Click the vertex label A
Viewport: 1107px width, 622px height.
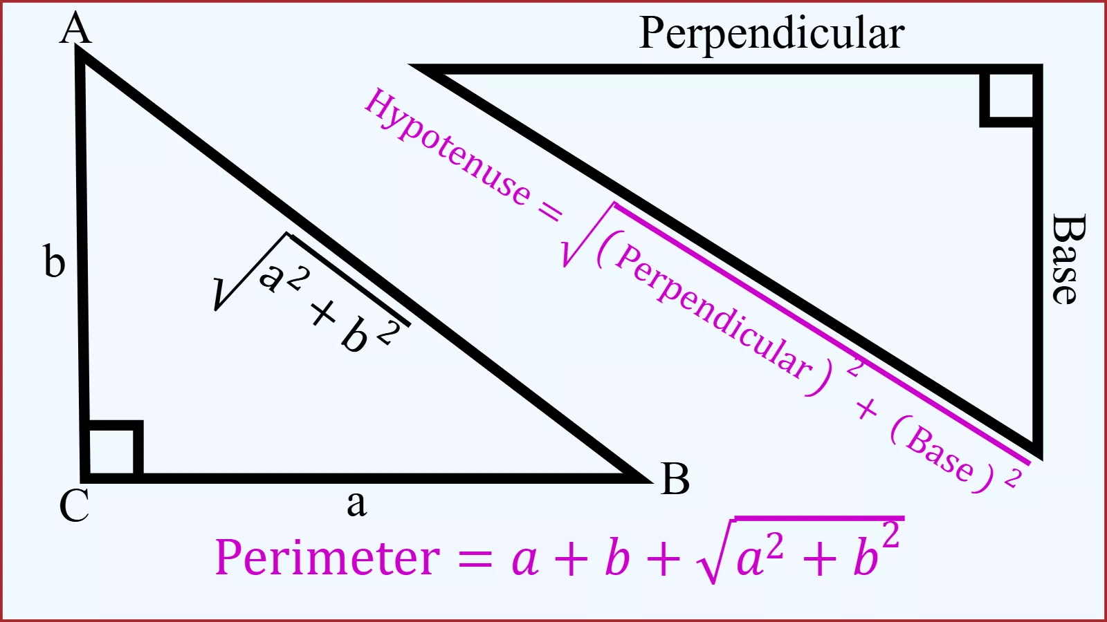click(75, 28)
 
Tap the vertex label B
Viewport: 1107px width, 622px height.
click(675, 478)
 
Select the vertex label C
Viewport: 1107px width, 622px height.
click(74, 505)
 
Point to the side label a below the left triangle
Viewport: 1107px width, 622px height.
click(357, 505)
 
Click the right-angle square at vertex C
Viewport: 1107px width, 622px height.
click(113, 449)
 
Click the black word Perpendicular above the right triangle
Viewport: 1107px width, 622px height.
click(771, 34)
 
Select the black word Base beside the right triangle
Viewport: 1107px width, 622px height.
click(1069, 259)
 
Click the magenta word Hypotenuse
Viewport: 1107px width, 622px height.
click(447, 147)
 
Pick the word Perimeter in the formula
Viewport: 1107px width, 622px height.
click(327, 558)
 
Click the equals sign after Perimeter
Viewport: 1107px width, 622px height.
click(475, 559)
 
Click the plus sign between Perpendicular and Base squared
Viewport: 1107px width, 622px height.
click(867, 409)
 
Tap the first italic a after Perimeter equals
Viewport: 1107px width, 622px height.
click(524, 560)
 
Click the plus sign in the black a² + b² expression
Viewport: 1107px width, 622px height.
click(324, 313)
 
